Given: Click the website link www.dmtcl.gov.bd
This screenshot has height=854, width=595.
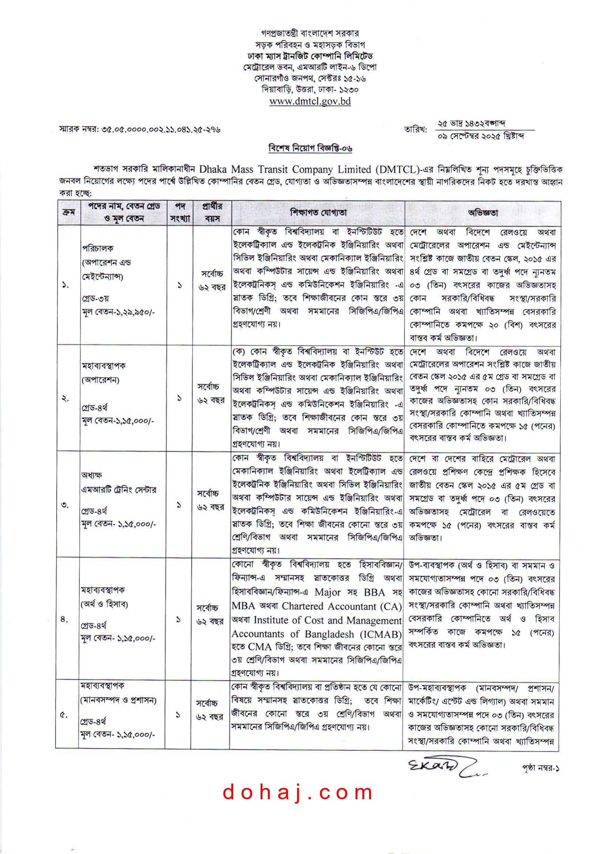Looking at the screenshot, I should point(310,101).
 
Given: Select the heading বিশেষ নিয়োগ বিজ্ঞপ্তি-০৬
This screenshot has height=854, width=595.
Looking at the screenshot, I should point(310,148).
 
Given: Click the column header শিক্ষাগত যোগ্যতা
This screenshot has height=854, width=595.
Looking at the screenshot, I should point(318,213).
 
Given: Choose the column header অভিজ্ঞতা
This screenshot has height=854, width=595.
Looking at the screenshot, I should point(482,213).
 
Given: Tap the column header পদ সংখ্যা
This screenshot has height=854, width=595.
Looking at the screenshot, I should point(180,213).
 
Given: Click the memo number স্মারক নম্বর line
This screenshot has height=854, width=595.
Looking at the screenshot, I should point(140,130).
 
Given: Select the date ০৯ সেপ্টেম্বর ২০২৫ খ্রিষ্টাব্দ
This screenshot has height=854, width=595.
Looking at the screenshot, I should point(481,136).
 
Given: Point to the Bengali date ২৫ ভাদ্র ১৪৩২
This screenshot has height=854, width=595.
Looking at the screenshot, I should point(471,123).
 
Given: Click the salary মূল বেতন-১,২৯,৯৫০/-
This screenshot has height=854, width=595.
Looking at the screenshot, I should point(118,312).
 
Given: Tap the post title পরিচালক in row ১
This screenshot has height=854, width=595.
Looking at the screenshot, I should point(98,248).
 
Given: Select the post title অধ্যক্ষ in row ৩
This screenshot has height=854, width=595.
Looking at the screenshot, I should point(92,475).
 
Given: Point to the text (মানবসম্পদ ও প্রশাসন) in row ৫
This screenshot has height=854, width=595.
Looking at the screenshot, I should point(118,700).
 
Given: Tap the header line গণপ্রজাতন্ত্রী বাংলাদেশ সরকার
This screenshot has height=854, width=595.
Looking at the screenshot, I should point(310,34).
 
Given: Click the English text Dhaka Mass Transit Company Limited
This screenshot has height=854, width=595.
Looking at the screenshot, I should point(285,170).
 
